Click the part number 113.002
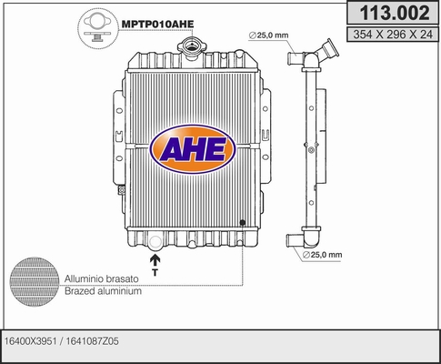click(x=395, y=13)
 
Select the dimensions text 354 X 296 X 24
click(x=393, y=35)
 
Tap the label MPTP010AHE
click(x=157, y=24)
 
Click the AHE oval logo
click(x=193, y=149)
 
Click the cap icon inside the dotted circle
click(x=97, y=28)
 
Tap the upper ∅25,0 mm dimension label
click(x=268, y=35)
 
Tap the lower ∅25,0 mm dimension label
click(x=322, y=255)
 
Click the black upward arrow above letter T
click(x=155, y=260)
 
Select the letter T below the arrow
click(x=155, y=272)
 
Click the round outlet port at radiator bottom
click(x=155, y=242)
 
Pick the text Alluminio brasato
click(x=102, y=278)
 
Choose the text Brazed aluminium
click(x=103, y=291)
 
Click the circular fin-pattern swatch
click(x=35, y=282)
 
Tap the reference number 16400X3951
click(x=31, y=341)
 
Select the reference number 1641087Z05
click(x=92, y=341)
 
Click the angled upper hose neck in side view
click(x=326, y=51)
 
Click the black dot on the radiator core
click(x=242, y=223)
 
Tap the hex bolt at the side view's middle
click(x=311, y=149)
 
